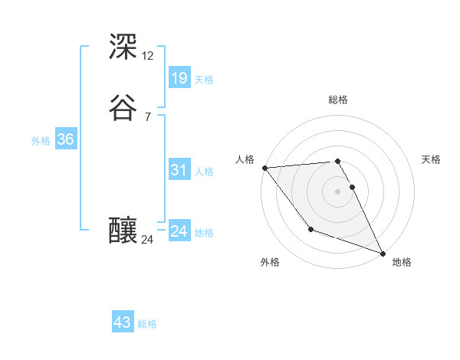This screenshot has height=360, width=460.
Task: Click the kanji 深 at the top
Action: click(123, 47)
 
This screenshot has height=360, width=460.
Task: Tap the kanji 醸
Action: click(123, 229)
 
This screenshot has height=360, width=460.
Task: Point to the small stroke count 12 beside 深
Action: click(147, 56)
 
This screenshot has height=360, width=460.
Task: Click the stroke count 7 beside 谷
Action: click(147, 116)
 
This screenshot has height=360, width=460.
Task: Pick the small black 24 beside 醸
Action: click(147, 240)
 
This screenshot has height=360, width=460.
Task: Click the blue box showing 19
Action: click(179, 77)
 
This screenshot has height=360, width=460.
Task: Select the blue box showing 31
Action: click(179, 170)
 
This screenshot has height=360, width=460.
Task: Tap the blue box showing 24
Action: click(179, 231)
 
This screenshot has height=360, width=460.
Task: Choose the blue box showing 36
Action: click(66, 139)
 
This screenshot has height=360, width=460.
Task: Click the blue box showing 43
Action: click(123, 322)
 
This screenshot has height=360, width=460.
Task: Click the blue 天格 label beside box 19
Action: click(204, 79)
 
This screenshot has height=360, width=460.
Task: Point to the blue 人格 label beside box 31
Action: click(204, 172)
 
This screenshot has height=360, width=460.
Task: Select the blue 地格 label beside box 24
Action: click(204, 233)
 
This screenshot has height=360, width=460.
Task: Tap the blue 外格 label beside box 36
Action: click(41, 141)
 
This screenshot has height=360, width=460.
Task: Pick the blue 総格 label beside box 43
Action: click(147, 324)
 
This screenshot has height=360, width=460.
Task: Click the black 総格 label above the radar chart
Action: click(338, 100)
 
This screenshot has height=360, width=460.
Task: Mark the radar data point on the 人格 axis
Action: click(264, 167)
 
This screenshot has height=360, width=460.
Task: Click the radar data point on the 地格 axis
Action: click(383, 253)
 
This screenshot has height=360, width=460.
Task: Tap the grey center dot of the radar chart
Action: click(338, 191)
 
